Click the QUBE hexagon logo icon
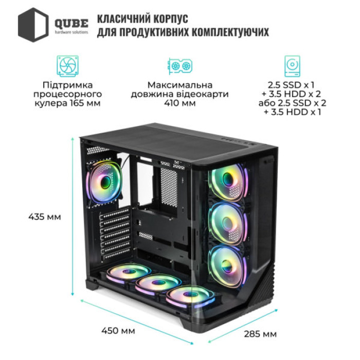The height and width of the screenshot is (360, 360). click(x=33, y=24)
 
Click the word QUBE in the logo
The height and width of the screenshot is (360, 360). click(x=71, y=22)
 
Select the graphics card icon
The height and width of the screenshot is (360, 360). click(x=179, y=66)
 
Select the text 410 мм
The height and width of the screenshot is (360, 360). click(x=179, y=103)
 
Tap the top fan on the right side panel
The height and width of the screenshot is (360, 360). click(x=228, y=183)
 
